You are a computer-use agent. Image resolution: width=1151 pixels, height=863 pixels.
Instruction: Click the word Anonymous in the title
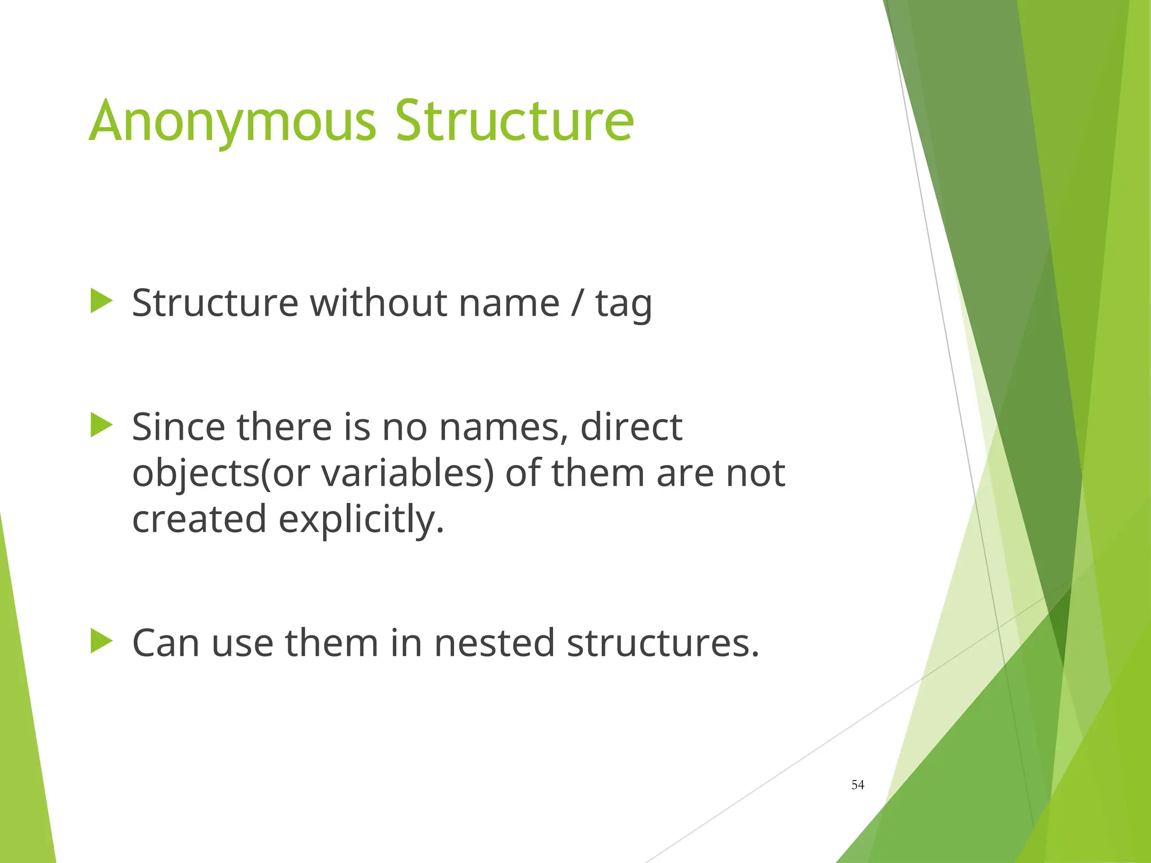232,121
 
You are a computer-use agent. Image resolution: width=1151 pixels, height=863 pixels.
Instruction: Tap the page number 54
858,785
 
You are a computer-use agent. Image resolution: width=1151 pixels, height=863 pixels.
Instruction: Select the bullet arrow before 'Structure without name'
101,301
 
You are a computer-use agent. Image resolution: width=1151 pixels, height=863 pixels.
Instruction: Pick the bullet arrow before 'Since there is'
101,425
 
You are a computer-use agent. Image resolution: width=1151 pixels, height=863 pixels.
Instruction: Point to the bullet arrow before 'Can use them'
101,641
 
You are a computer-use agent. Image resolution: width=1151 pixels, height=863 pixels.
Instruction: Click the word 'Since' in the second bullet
179,427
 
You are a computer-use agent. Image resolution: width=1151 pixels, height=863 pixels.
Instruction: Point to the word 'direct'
631,427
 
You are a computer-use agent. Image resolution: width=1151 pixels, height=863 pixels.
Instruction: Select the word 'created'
199,519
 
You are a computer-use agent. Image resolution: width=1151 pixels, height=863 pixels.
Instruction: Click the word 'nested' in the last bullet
495,643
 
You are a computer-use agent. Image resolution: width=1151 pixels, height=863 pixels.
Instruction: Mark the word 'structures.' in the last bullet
663,643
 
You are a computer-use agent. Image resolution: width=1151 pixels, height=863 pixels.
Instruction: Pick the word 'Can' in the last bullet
166,643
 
